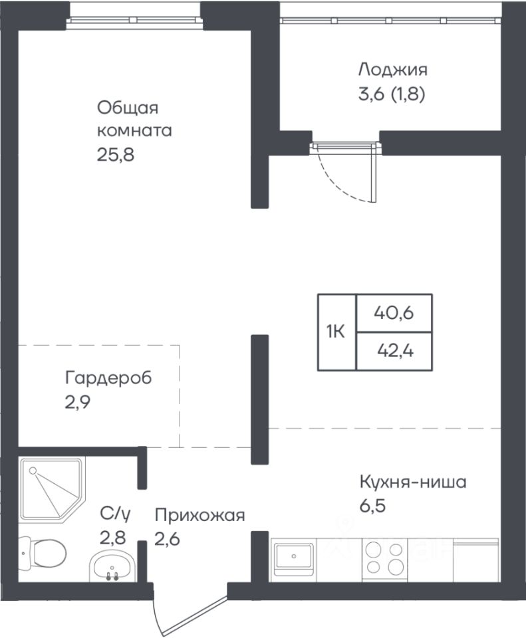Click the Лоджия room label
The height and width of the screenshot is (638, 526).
click(x=393, y=70)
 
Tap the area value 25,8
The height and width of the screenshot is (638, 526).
click(x=116, y=155)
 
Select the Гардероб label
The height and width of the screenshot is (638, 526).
click(x=108, y=377)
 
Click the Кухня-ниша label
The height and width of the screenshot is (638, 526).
click(x=413, y=482)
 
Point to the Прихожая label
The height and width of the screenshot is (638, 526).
click(x=199, y=516)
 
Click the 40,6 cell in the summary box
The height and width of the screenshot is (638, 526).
click(x=394, y=313)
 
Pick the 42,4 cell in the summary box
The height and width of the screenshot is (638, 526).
click(x=394, y=351)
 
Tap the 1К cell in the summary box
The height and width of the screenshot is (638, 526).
click(x=337, y=332)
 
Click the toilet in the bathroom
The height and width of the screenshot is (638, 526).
click(x=43, y=552)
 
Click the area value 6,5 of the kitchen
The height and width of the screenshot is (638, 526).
click(x=372, y=506)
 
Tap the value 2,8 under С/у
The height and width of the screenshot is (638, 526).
click(x=113, y=538)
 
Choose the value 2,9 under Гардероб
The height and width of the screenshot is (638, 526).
click(x=77, y=402)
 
